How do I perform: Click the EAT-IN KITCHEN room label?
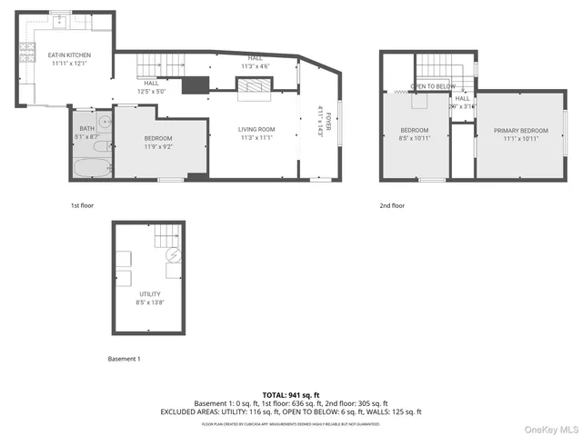(x=70, y=59)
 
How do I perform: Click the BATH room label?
(x=85, y=131)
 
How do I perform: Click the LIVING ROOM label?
(x=256, y=134)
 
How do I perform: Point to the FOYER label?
(x=319, y=121)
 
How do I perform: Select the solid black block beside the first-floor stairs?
(x=195, y=85)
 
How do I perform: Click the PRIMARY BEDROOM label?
(x=521, y=134)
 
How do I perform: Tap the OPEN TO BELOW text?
(x=432, y=87)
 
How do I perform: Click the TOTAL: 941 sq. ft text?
(x=291, y=395)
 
